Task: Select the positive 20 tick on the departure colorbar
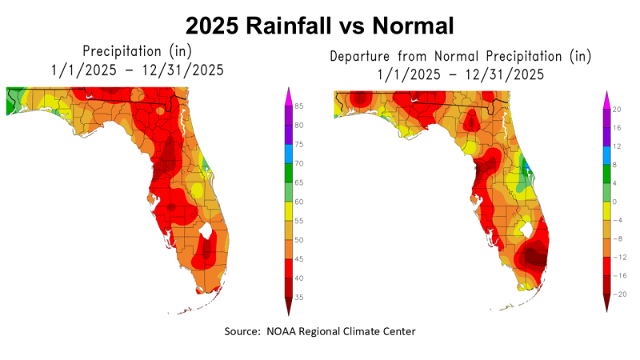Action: (617, 109)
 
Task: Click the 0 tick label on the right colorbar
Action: (615, 202)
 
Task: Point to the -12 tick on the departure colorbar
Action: (618, 257)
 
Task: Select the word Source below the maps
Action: (242, 330)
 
